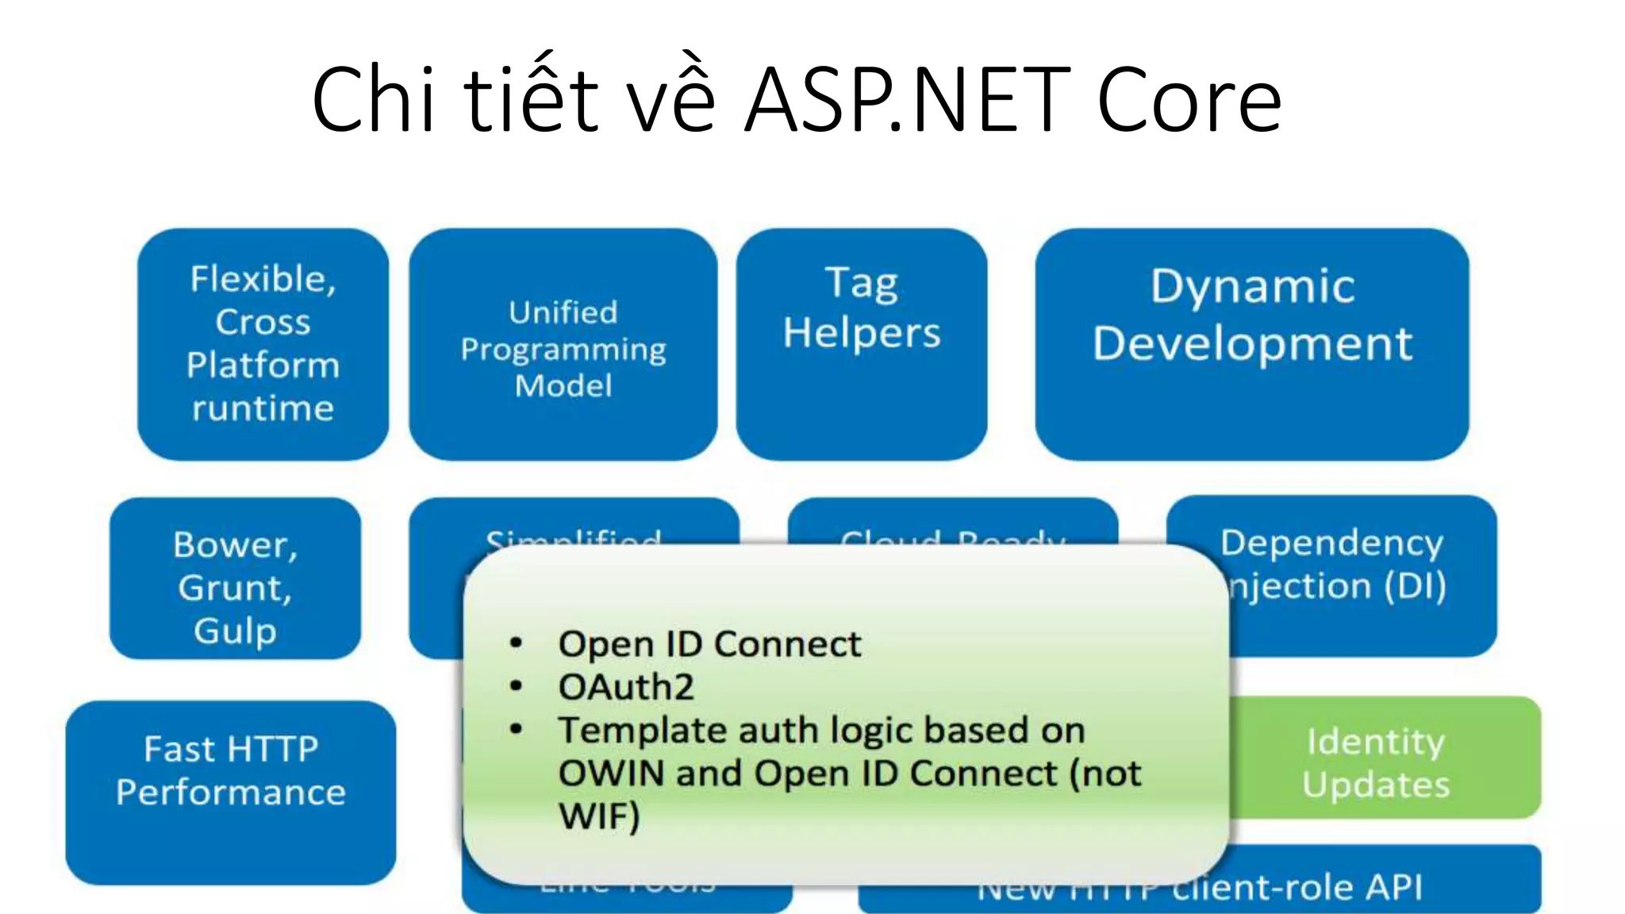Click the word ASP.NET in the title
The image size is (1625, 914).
pos(908,99)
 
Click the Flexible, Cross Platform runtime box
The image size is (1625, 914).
pos(263,344)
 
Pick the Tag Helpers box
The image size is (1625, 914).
pos(861,344)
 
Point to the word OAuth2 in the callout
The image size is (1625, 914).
pos(626,687)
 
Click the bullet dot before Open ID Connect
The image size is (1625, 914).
pos(517,643)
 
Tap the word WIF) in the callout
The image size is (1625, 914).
pos(599,816)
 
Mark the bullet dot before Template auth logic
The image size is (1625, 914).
pos(517,728)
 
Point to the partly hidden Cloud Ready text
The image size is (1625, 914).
pos(952,536)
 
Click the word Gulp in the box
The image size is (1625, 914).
pos(235,632)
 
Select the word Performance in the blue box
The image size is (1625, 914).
pos(230,793)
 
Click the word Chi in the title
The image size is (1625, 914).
pos(373,99)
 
